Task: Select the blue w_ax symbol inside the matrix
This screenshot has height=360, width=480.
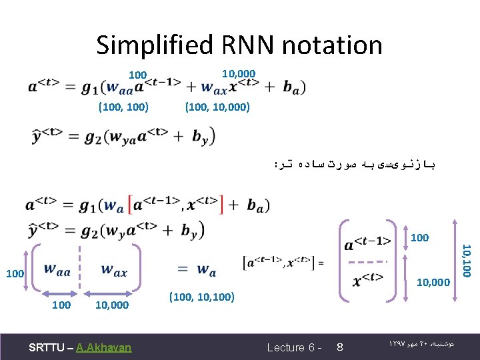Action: point(113,271)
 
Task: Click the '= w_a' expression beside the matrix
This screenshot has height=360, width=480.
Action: point(197,271)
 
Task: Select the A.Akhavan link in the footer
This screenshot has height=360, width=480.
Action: point(104,347)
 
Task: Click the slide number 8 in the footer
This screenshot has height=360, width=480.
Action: point(339,347)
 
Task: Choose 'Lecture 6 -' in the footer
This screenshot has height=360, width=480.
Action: point(295,347)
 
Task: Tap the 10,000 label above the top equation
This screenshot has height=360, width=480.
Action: point(238,73)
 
